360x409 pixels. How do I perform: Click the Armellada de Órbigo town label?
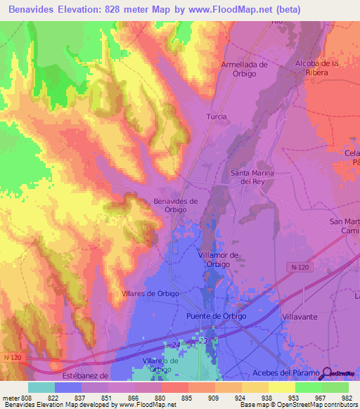(x=245, y=69)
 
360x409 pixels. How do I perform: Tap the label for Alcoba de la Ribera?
(x=317, y=67)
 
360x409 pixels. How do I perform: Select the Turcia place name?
(x=216, y=116)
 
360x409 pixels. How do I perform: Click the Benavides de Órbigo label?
(x=175, y=205)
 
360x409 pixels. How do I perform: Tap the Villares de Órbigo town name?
(x=150, y=293)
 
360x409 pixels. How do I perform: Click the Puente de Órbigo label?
(x=216, y=316)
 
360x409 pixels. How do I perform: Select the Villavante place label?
(x=301, y=317)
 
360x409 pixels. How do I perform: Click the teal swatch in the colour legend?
(x=41, y=387)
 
